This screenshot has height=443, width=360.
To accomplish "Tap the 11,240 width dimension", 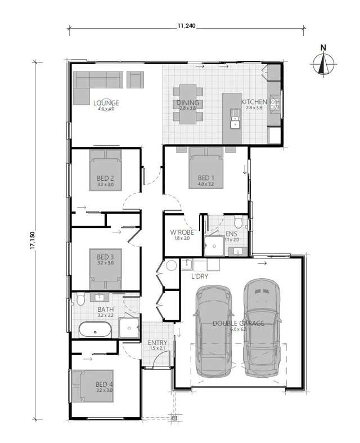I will tap(187, 25).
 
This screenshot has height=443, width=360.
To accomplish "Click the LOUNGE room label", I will tap(106, 103).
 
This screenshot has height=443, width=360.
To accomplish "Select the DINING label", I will tap(188, 102).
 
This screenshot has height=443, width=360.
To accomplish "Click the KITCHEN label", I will tap(253, 102).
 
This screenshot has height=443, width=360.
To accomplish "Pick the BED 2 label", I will tap(105, 180).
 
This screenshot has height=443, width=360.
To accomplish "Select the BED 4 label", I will tap(105, 385).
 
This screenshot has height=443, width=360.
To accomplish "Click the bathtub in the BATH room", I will tap(96, 329).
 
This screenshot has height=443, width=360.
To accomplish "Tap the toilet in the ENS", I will tap(238, 220).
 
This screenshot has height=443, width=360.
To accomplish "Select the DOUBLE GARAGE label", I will tap(237, 324).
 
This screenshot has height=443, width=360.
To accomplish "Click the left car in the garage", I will tap(213, 332).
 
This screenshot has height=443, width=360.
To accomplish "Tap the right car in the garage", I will tap(262, 329).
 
